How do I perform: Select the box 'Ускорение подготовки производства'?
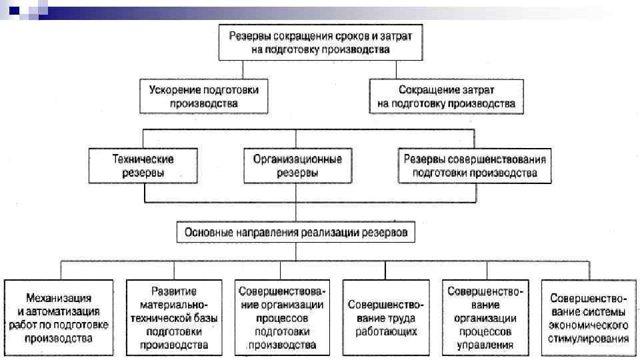pos(204,97)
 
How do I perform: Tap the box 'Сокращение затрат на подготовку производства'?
pos(445,97)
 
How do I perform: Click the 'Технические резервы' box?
pos(143,166)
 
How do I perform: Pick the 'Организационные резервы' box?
pos(297,166)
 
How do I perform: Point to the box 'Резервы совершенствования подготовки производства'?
pos(475,166)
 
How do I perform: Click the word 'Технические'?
pos(143,160)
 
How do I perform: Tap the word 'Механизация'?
pos(59,297)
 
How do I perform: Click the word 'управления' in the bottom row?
pos(485,345)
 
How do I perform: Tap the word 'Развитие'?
pos(173,291)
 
